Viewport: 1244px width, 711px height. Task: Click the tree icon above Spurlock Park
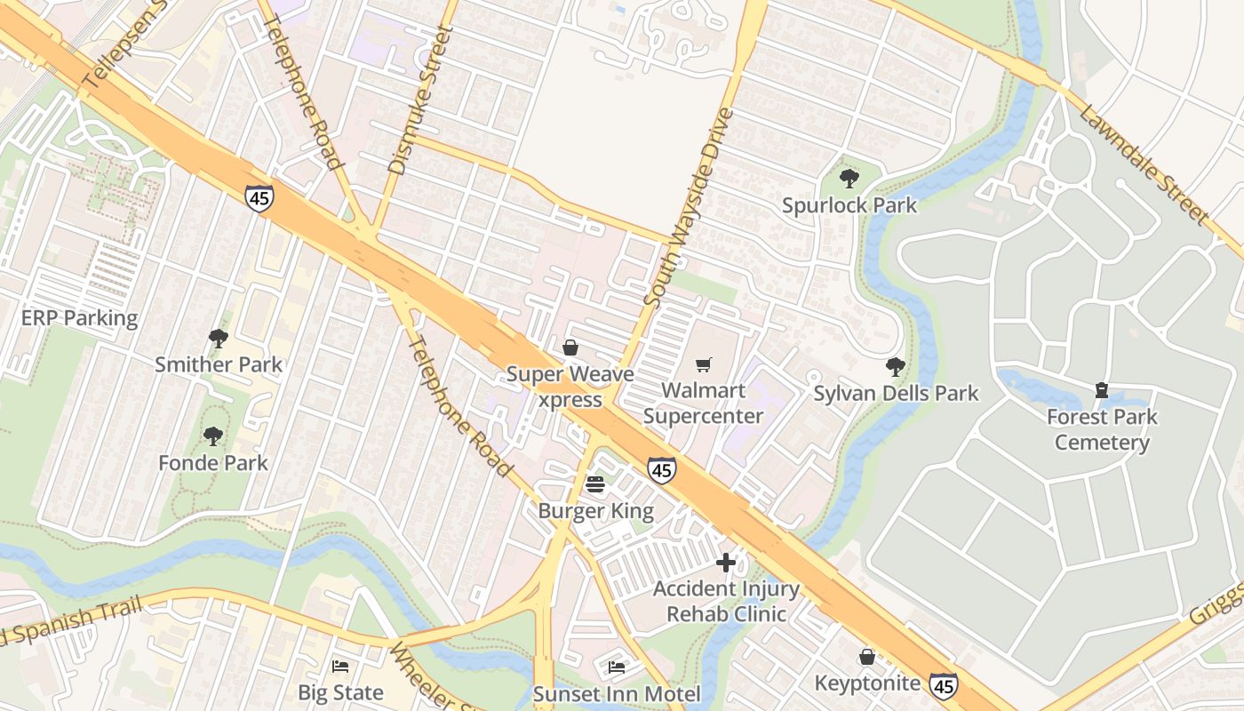[x=849, y=179]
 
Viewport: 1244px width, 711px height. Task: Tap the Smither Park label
[x=219, y=364]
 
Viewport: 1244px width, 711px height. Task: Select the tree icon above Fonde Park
[x=212, y=436]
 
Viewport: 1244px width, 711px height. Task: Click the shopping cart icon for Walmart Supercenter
[x=704, y=364]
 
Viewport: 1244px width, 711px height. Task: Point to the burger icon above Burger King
[x=595, y=484]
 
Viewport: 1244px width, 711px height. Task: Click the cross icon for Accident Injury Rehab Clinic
[x=726, y=563]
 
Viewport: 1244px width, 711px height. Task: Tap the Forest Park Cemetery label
[x=1102, y=429]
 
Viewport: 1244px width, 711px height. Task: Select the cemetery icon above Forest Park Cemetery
[x=1102, y=390]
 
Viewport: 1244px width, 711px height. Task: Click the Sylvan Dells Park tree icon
[x=896, y=367]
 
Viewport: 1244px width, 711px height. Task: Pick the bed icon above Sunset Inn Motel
[x=617, y=667]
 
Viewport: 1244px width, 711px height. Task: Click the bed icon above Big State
[x=340, y=666]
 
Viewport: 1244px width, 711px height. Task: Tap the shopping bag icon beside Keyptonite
[x=867, y=657]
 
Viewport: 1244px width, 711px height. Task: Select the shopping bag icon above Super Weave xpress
[x=570, y=348]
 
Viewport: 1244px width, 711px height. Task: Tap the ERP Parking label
[x=80, y=318]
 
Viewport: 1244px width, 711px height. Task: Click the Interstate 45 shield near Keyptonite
[x=944, y=685]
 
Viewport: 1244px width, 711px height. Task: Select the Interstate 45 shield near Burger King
[x=661, y=470]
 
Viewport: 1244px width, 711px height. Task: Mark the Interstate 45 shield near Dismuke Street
[x=259, y=198]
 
